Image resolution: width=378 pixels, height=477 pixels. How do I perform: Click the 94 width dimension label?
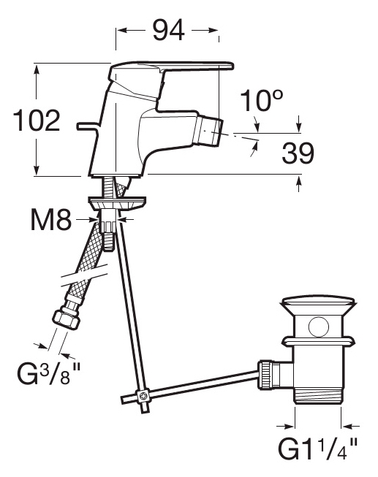click(168, 30)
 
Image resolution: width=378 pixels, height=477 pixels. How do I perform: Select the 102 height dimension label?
click(37, 120)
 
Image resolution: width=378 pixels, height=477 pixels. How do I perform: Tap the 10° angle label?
click(262, 100)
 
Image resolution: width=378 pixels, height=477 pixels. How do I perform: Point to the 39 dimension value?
click(298, 153)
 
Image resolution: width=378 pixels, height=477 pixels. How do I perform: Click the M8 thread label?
click(51, 219)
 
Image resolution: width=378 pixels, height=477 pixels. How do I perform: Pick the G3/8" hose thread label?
click(49, 374)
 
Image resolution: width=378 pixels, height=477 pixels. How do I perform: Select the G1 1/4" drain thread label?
click(318, 449)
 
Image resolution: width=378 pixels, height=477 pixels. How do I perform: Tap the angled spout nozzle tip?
click(208, 132)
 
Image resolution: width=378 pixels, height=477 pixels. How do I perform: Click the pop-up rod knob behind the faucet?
click(88, 126)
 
